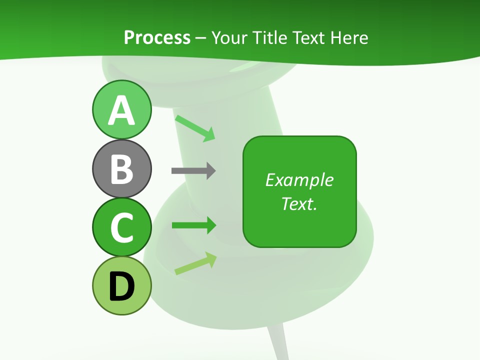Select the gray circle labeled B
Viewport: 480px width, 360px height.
(x=121, y=168)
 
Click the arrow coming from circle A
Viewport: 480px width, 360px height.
(x=195, y=128)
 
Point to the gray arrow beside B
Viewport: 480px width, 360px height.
(x=193, y=171)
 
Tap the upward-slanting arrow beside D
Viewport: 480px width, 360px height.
(x=195, y=263)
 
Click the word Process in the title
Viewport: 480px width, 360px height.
(x=157, y=37)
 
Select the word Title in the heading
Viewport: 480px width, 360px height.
(x=270, y=37)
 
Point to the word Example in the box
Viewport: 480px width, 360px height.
(x=299, y=180)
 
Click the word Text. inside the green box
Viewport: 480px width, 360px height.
(x=299, y=203)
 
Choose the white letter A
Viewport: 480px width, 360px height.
(x=121, y=111)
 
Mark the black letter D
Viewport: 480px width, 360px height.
(x=121, y=287)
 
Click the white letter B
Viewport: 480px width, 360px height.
(x=121, y=169)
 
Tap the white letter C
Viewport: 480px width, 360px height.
(x=121, y=227)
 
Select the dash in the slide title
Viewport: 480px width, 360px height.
(x=201, y=38)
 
